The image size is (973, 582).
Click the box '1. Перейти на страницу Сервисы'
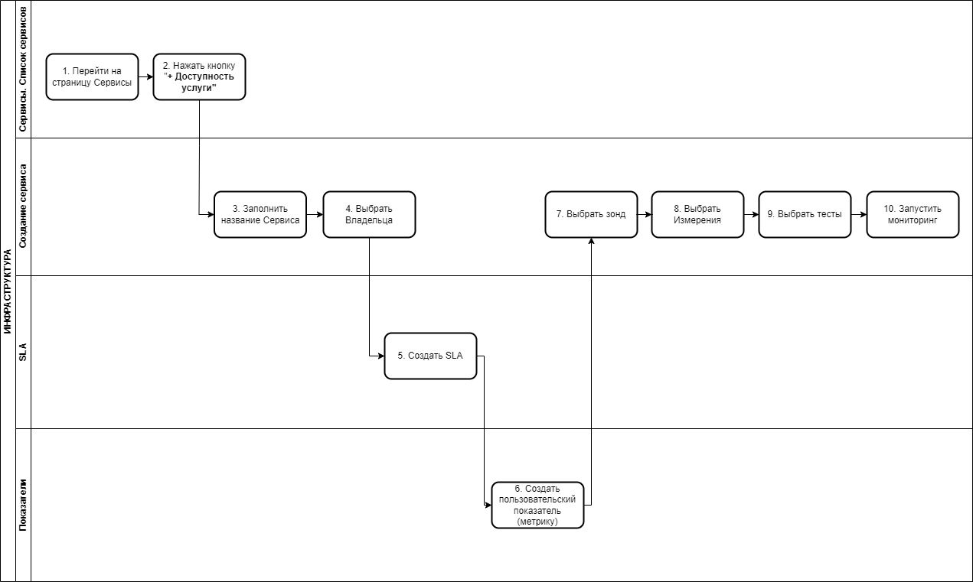[x=92, y=76]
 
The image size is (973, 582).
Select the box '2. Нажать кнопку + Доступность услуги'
[x=199, y=76]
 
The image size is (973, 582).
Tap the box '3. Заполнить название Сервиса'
[x=260, y=214]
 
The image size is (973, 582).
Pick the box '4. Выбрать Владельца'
[x=369, y=214]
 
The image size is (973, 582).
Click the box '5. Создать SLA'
[x=430, y=356]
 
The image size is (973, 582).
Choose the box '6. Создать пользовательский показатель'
[x=537, y=506]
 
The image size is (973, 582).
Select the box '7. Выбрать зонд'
[x=591, y=214]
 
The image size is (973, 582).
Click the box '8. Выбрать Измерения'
[x=697, y=214]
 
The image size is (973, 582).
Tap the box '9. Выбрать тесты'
[x=805, y=214]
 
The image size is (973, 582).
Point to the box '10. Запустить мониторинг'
[x=913, y=214]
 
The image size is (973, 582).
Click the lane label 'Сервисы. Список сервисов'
[x=23, y=70]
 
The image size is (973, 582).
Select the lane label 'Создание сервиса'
[x=23, y=206]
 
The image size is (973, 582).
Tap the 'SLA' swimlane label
[x=23, y=352]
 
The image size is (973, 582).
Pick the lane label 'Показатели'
[x=23, y=506]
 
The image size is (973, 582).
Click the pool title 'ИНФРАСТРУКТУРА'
[x=8, y=291]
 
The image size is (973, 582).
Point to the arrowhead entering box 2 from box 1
[x=150, y=76]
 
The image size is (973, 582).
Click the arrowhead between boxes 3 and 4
[x=320, y=214]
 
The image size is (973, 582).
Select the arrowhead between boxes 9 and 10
[x=863, y=214]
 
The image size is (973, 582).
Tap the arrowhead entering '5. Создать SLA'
[x=381, y=356]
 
